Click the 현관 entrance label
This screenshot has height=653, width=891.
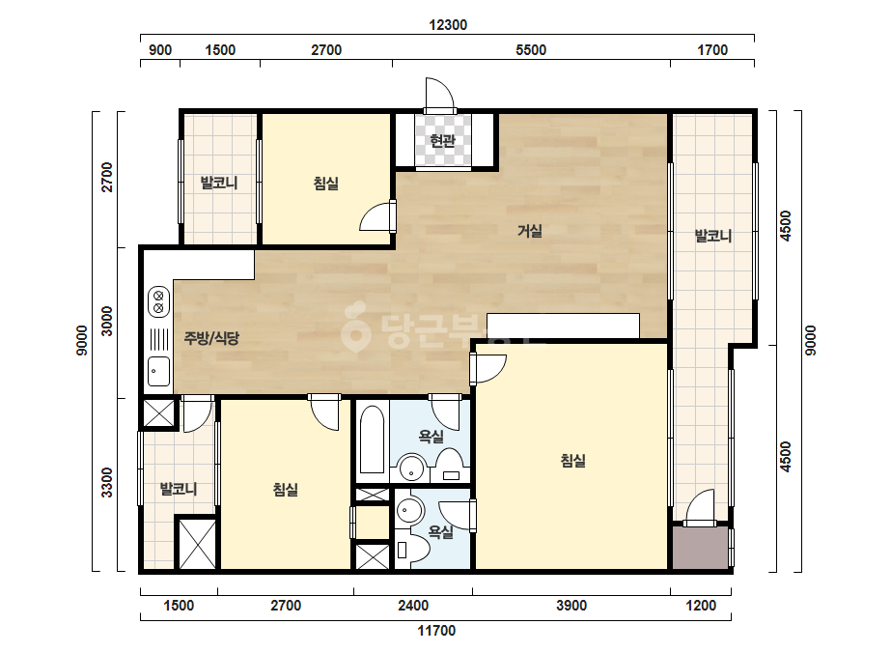point(443,140)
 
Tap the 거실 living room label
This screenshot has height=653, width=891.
point(530,231)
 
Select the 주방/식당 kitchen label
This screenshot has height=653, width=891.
point(211,338)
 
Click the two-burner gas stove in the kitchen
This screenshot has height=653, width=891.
point(158,301)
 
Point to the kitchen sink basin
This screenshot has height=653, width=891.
point(158,371)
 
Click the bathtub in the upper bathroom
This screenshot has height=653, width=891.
point(373,440)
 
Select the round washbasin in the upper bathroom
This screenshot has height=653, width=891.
point(411,468)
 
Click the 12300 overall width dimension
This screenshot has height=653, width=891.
point(448,25)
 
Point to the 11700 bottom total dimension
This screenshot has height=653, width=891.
point(436,630)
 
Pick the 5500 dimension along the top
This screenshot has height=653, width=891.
point(531,50)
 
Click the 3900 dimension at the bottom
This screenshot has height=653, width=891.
point(571,606)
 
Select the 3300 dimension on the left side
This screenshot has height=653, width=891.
point(107,482)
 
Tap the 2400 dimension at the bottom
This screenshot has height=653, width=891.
point(413,606)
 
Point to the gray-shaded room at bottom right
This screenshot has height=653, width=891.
point(701,547)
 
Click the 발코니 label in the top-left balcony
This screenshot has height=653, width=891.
point(219,184)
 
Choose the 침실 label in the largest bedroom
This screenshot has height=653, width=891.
point(572,460)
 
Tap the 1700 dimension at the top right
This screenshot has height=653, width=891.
point(712,50)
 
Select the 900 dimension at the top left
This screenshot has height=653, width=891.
point(160,50)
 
